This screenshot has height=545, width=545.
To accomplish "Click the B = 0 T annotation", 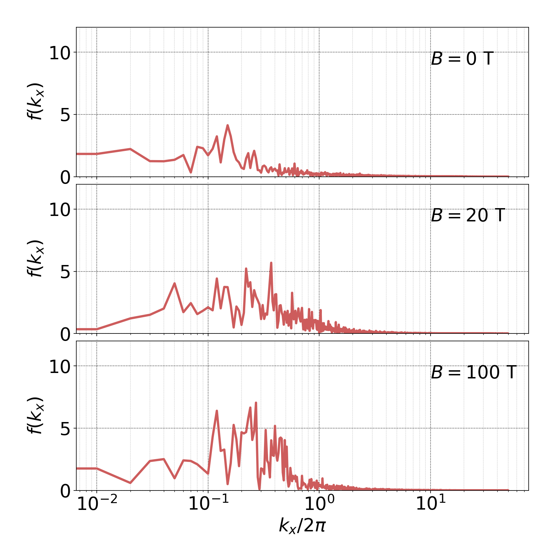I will [462, 59].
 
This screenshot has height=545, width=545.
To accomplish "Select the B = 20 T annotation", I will [468, 215].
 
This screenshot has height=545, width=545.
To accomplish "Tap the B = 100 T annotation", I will [473, 372].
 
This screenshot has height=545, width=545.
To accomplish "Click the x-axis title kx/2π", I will [302, 525].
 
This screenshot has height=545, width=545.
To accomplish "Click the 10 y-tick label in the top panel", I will [60, 53].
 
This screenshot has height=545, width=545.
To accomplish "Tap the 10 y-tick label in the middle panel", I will [60, 210].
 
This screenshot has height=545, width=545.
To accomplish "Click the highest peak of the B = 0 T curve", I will [228, 125].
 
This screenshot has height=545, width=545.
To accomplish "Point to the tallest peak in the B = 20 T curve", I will [271, 263].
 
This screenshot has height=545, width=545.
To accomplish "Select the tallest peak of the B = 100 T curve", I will [255, 403].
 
